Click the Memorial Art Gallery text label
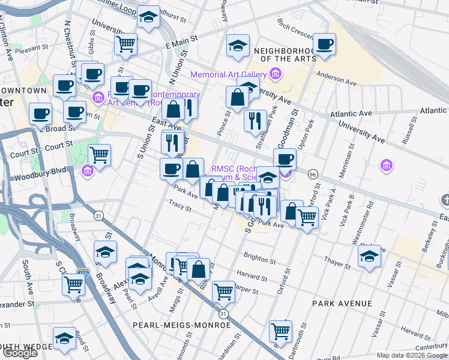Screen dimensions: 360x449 [x=228, y=75]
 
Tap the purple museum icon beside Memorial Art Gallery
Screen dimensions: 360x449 [x=276, y=74]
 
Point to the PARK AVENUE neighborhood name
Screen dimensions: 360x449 [x=342, y=304]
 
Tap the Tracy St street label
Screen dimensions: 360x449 [x=179, y=206]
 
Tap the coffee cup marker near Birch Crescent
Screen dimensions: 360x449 [x=324, y=45]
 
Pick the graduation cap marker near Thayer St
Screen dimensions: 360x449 [x=369, y=256]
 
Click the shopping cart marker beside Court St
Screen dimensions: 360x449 [x=100, y=155]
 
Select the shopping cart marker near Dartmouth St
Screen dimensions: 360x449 [x=280, y=331]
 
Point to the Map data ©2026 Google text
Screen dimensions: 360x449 [x=412, y=355]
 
